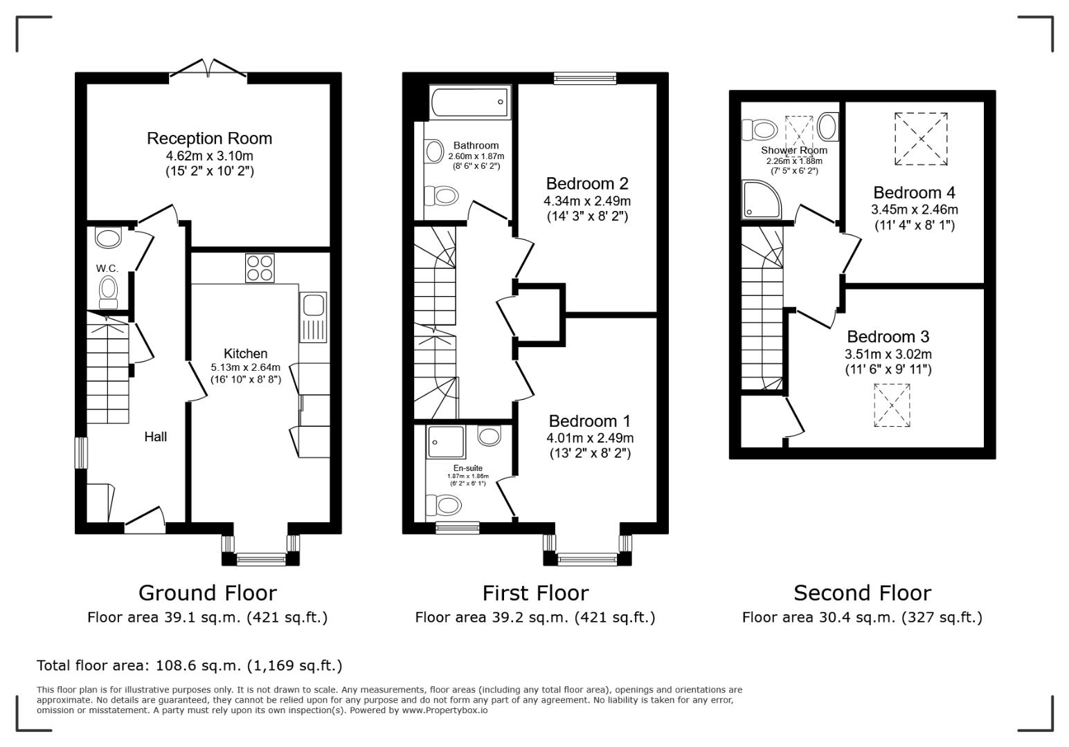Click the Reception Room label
(209, 138)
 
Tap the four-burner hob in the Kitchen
(260, 268)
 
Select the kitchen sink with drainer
(313, 317)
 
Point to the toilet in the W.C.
(109, 290)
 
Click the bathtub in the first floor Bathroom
(470, 103)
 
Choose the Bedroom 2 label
(586, 184)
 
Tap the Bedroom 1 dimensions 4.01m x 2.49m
(589, 438)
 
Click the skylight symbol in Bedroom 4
(920, 139)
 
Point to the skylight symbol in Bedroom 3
(891, 405)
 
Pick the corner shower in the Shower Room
(762, 199)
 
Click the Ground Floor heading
(207, 593)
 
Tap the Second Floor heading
(862, 593)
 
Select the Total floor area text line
(189, 665)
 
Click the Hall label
(155, 436)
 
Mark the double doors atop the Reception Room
(208, 68)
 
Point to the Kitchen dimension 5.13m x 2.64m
(246, 367)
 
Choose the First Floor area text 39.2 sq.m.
(534, 617)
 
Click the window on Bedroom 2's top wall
(585, 78)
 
